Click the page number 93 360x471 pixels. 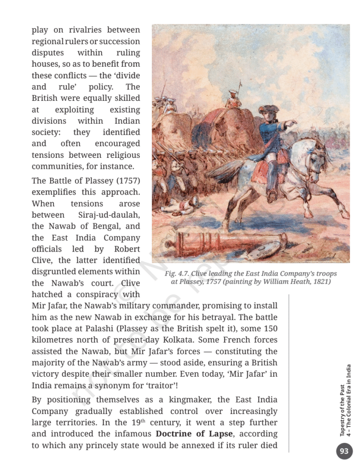point(344,451)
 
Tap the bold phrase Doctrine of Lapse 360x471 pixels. point(194,434)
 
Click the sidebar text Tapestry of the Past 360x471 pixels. point(342,410)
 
